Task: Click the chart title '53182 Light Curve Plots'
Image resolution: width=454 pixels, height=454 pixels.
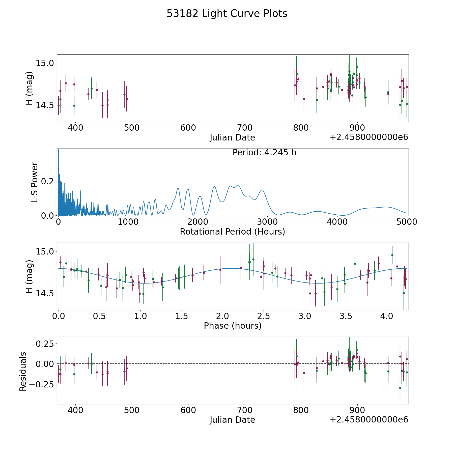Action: [x=227, y=14]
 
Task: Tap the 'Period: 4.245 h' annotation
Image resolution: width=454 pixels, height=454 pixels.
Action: [x=264, y=153]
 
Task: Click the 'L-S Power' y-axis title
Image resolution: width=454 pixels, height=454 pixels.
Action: [x=35, y=182]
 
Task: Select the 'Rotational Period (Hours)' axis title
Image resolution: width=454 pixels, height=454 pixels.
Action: [x=232, y=232]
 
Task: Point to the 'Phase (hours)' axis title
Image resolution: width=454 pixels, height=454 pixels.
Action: [x=232, y=326]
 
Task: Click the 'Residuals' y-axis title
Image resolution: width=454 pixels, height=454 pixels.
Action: [x=23, y=371]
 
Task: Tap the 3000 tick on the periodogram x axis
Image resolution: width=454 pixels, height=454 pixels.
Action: [x=267, y=222]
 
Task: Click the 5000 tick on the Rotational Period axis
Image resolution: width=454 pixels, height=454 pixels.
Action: [x=407, y=222]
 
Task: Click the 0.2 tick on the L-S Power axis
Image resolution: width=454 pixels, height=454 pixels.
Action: [x=48, y=181]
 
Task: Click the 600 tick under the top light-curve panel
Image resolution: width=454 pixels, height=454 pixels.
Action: [x=188, y=128]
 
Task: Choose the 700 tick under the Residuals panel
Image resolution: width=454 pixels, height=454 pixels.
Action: [x=245, y=410]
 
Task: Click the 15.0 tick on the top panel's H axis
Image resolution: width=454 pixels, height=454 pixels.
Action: [x=45, y=63]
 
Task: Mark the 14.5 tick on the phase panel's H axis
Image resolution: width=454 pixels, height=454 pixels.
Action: [x=45, y=293]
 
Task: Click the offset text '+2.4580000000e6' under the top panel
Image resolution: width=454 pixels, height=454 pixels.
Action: [x=369, y=137]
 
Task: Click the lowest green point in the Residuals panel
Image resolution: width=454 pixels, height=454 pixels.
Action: [x=400, y=388]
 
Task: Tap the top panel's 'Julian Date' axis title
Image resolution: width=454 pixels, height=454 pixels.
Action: [x=232, y=138]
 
